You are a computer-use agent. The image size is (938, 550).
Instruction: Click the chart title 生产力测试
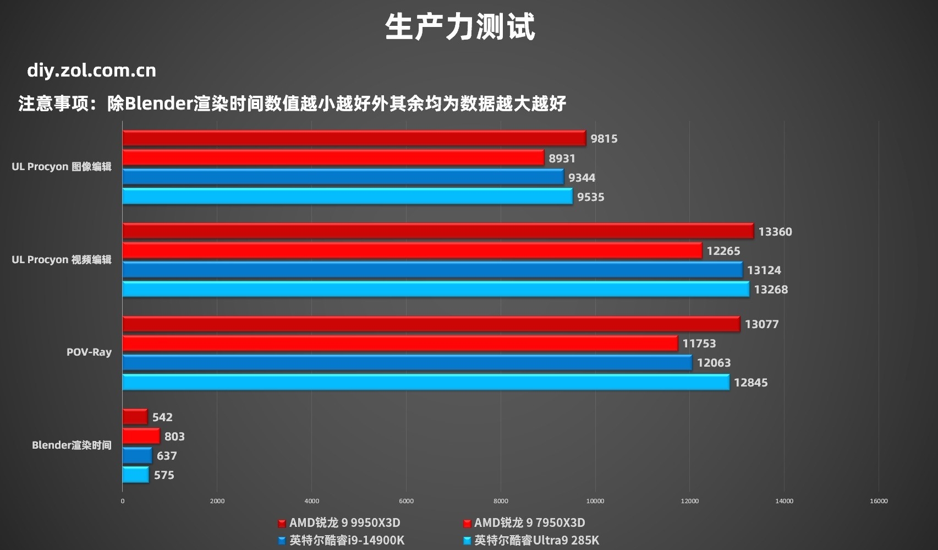click(x=460, y=27)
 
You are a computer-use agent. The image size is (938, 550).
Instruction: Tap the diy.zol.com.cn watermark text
click(x=91, y=70)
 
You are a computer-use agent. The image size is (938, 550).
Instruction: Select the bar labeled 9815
click(x=354, y=138)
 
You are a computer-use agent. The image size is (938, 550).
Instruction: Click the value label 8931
click(x=562, y=159)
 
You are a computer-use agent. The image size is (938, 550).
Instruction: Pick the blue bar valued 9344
click(x=343, y=177)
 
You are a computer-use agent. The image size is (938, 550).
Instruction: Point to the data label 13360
click(x=775, y=232)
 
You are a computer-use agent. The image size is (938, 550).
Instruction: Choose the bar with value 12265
click(x=412, y=251)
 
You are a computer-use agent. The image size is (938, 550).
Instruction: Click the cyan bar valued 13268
click(x=436, y=290)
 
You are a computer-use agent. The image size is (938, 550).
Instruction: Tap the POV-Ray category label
click(x=89, y=352)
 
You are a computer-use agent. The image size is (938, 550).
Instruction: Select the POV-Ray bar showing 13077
click(x=431, y=324)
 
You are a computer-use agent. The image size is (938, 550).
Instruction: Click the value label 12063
click(x=714, y=363)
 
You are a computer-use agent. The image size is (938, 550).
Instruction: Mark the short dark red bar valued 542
click(x=135, y=417)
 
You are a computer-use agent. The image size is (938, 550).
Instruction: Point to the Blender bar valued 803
click(x=141, y=437)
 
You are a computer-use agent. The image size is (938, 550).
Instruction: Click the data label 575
click(x=164, y=475)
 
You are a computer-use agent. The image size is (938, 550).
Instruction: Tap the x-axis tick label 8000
click(x=501, y=501)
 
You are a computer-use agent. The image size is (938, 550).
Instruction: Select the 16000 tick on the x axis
click(x=879, y=501)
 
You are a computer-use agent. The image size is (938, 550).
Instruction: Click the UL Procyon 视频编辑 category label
click(x=62, y=260)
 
